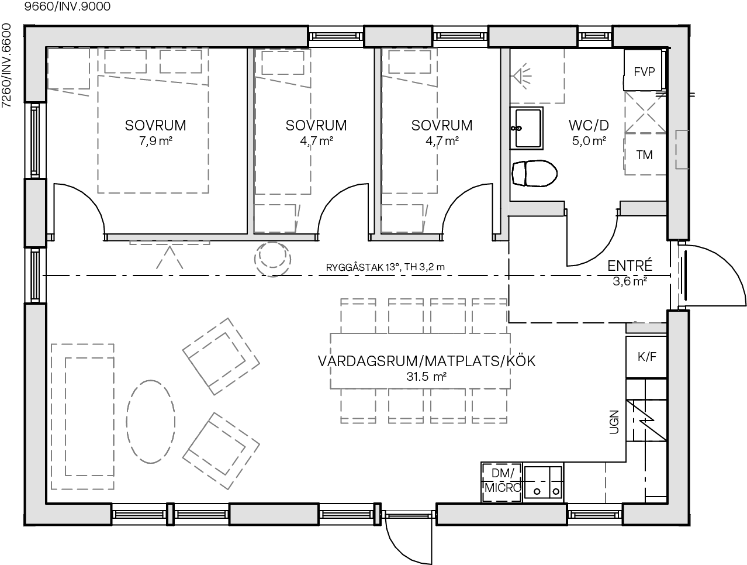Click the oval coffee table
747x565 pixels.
coord(150,421)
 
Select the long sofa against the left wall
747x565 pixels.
coord(82,416)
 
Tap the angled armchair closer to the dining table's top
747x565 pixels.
coord(221,356)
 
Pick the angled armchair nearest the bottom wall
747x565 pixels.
coord(221,450)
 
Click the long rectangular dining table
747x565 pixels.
coord(420,360)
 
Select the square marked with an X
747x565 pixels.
coord(645,112)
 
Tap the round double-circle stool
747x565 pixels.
coord(272,259)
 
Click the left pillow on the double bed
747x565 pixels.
coord(125,61)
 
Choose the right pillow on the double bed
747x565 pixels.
coord(181,61)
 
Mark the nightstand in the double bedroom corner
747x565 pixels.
coord(68,68)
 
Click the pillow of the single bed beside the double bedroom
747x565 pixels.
coord(283,63)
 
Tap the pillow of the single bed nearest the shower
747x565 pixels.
coord(410,62)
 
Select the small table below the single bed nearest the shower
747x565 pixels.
coord(403,218)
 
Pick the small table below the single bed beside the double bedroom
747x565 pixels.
coord(275,218)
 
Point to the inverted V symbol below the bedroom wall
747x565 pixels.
coord(170,257)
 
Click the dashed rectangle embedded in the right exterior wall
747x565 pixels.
coord(682,150)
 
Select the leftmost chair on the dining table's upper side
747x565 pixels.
coord(358,316)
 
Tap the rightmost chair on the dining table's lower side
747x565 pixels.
coord(489,405)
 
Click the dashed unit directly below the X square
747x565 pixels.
coord(645,154)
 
